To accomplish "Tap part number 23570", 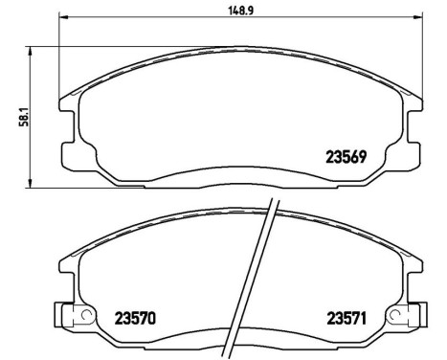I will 135,318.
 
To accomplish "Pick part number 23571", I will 350,318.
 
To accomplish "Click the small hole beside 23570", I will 86,315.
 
